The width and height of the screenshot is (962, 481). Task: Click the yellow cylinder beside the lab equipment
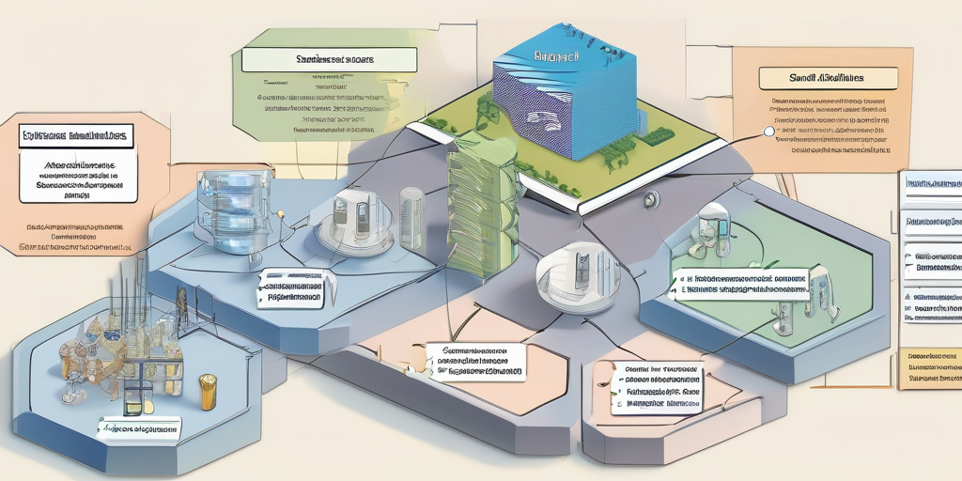pos(208,391)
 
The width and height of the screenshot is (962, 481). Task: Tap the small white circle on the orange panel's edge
pos(768,132)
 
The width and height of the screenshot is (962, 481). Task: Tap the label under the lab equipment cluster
pos(139,427)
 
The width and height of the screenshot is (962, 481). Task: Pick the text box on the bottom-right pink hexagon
pos(656,387)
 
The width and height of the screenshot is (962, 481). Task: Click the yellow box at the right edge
pos(929,369)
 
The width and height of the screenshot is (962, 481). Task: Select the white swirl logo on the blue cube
pos(543,120)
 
